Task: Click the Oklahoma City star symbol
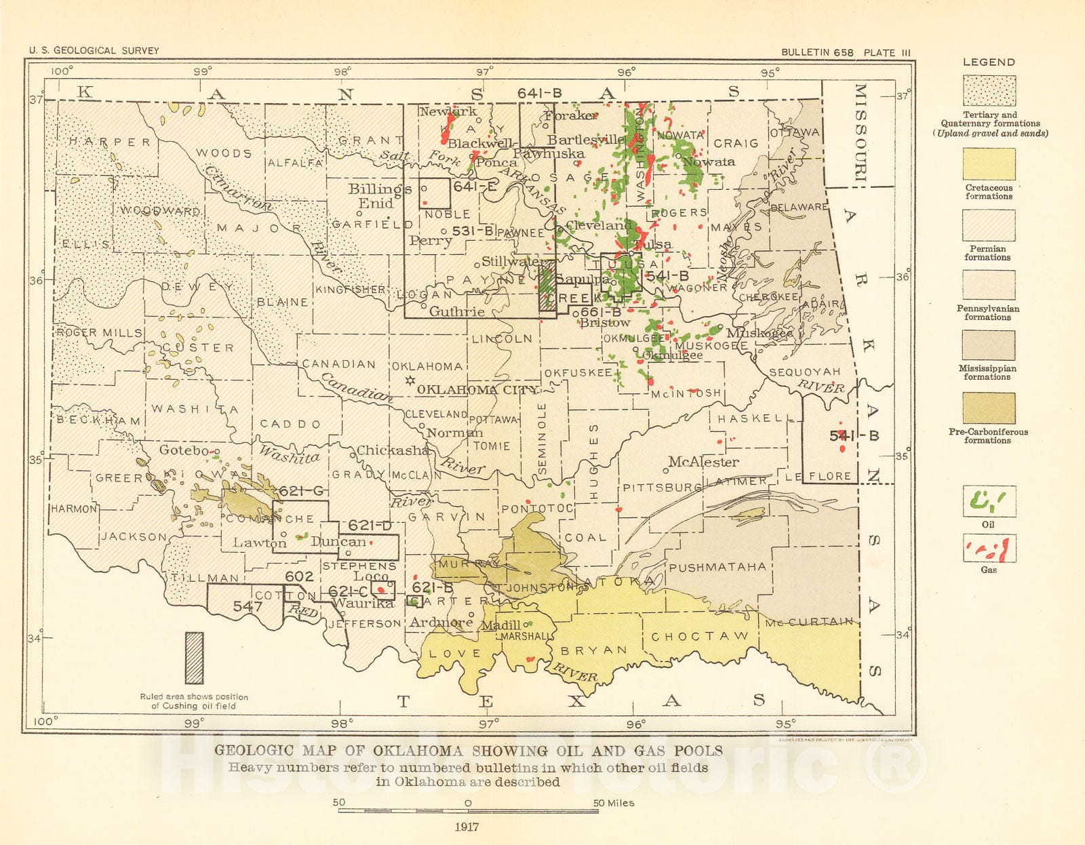click(x=410, y=381)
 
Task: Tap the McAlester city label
click(x=703, y=462)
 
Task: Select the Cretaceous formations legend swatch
click(x=989, y=165)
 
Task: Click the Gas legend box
click(x=989, y=549)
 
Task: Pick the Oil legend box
click(x=989, y=502)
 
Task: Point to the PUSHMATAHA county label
click(x=717, y=567)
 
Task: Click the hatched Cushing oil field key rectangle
click(x=194, y=658)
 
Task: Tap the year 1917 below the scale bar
click(x=467, y=827)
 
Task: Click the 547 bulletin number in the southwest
click(x=248, y=606)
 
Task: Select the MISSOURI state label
click(x=859, y=132)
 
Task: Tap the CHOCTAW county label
click(x=699, y=636)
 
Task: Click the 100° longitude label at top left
click(x=61, y=71)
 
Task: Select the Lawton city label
click(x=259, y=543)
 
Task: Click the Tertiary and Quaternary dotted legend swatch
click(x=989, y=91)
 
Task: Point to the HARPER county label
click(x=109, y=142)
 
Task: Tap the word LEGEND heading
click(x=989, y=62)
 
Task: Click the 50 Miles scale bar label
click(x=614, y=803)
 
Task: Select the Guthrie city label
click(x=456, y=311)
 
